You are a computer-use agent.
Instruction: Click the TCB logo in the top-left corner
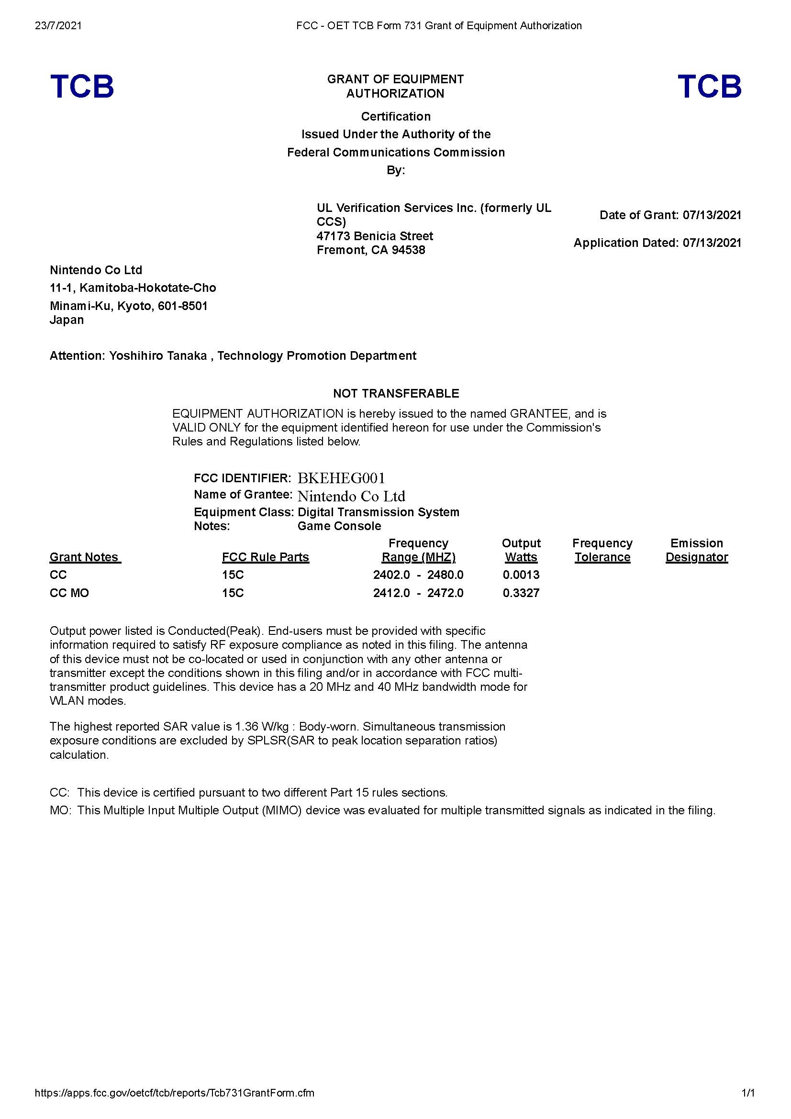82,86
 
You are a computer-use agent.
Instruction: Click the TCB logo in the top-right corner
709,86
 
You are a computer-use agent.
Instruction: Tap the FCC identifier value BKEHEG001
341,477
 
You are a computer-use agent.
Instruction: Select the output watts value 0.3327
521,593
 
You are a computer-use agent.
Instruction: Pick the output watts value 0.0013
521,575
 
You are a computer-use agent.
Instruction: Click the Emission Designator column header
696,550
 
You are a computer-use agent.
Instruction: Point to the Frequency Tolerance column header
602,550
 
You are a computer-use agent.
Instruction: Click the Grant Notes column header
85,557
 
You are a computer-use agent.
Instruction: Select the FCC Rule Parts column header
265,557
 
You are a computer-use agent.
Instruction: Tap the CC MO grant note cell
69,593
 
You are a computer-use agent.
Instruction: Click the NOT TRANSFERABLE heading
396,393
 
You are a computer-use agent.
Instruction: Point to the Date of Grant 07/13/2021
712,215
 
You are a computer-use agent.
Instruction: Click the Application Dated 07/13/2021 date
712,243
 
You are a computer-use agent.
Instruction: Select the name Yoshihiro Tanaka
158,356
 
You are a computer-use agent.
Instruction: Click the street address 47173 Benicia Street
374,236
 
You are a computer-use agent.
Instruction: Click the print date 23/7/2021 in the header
58,25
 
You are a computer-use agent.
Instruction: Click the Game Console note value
339,526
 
